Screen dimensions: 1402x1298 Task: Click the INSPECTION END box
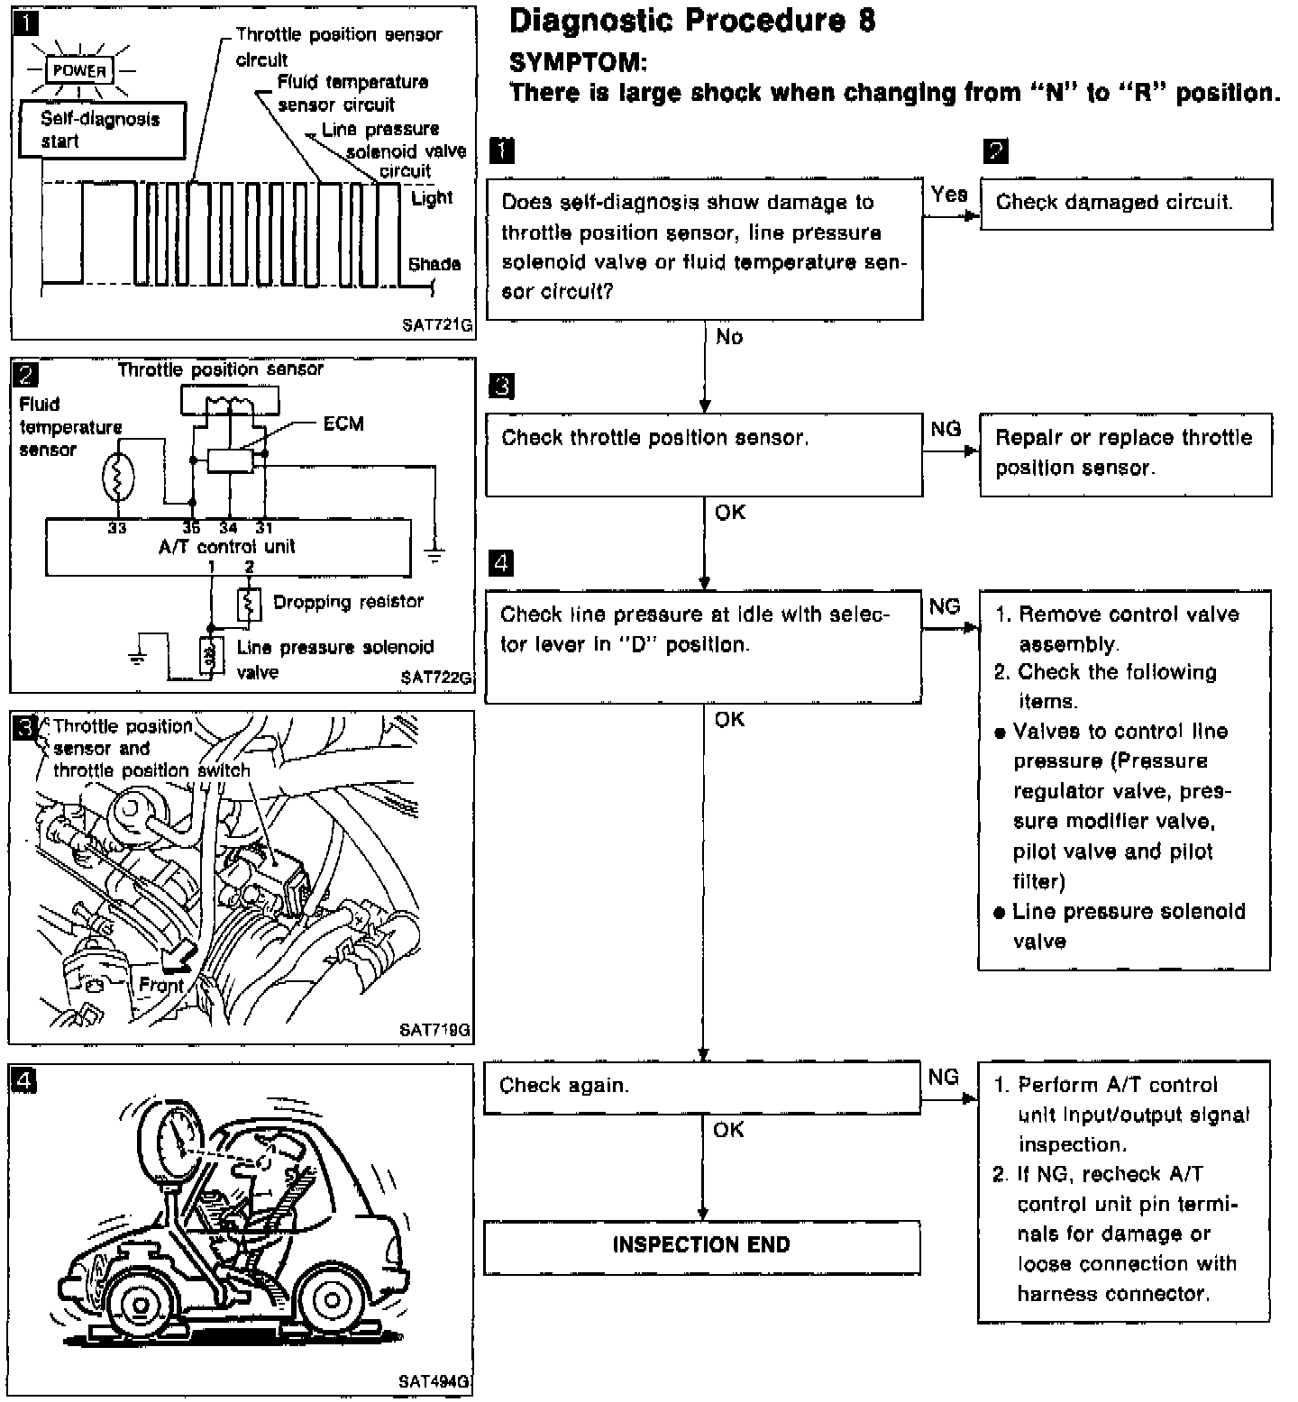702,1246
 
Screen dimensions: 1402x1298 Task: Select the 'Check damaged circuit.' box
1126,204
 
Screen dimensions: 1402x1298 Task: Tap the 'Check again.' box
702,1087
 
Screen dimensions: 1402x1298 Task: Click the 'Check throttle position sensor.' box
704,454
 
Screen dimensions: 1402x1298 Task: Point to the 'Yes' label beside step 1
949,195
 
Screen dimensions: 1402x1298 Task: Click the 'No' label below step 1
729,337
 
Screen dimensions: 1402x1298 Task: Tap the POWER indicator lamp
79,70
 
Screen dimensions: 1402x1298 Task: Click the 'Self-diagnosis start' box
101,131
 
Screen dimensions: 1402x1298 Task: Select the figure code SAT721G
437,326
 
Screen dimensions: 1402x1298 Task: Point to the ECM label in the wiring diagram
343,423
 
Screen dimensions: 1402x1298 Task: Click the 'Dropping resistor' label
348,601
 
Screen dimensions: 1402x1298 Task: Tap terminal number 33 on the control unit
117,528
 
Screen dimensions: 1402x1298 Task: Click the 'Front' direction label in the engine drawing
161,985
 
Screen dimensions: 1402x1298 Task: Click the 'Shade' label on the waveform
434,264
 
